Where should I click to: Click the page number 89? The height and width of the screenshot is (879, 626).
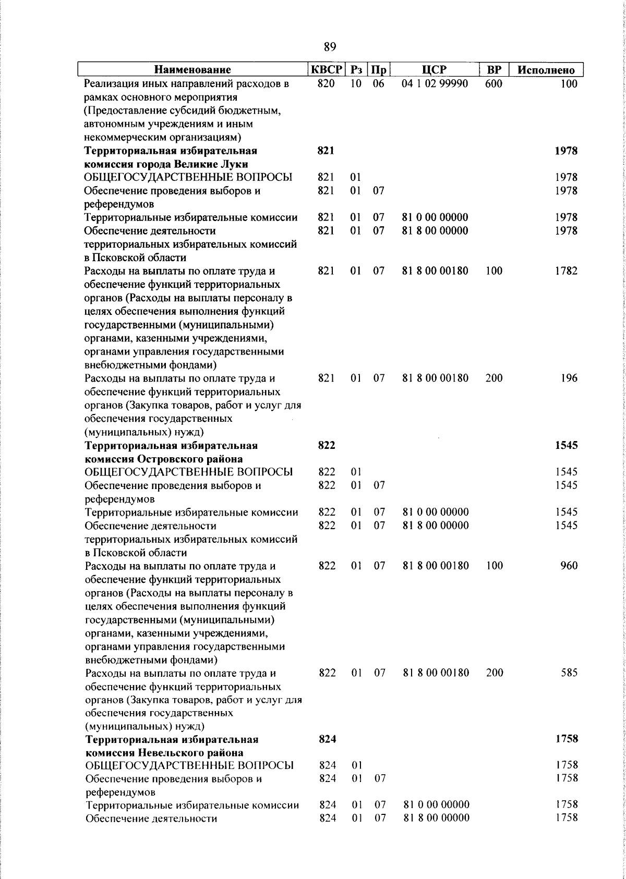(330, 47)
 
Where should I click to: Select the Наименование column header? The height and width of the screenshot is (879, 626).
(192, 70)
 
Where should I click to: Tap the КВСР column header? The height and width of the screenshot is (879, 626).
(327, 70)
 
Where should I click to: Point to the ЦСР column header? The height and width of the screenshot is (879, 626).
(435, 70)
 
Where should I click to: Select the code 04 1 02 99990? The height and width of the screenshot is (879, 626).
(435, 83)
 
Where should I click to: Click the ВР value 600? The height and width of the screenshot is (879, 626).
(493, 83)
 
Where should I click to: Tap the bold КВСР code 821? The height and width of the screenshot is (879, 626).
(326, 151)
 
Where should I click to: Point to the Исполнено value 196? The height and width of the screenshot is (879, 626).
(569, 378)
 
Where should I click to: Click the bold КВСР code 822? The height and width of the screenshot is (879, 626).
(327, 445)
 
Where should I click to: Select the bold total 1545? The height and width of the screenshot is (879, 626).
(566, 445)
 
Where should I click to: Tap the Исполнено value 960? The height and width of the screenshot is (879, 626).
(569, 565)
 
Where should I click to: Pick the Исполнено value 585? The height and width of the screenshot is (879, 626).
(569, 673)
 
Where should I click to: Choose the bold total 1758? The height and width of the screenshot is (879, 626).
(567, 739)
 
